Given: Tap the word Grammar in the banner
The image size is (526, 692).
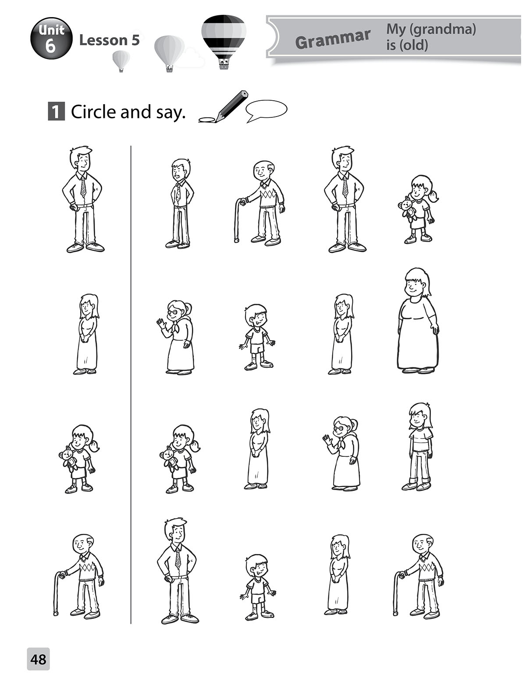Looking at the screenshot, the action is [333, 40].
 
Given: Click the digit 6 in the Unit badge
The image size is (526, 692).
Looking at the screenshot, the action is [50, 46].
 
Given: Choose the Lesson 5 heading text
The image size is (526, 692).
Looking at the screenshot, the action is [109, 40].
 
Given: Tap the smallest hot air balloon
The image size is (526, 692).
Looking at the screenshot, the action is [121, 61].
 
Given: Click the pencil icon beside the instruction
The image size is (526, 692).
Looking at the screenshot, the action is [224, 107].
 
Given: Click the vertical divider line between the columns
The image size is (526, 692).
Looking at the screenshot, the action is [131, 384].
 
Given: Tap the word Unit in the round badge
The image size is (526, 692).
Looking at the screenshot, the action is [51, 30].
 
